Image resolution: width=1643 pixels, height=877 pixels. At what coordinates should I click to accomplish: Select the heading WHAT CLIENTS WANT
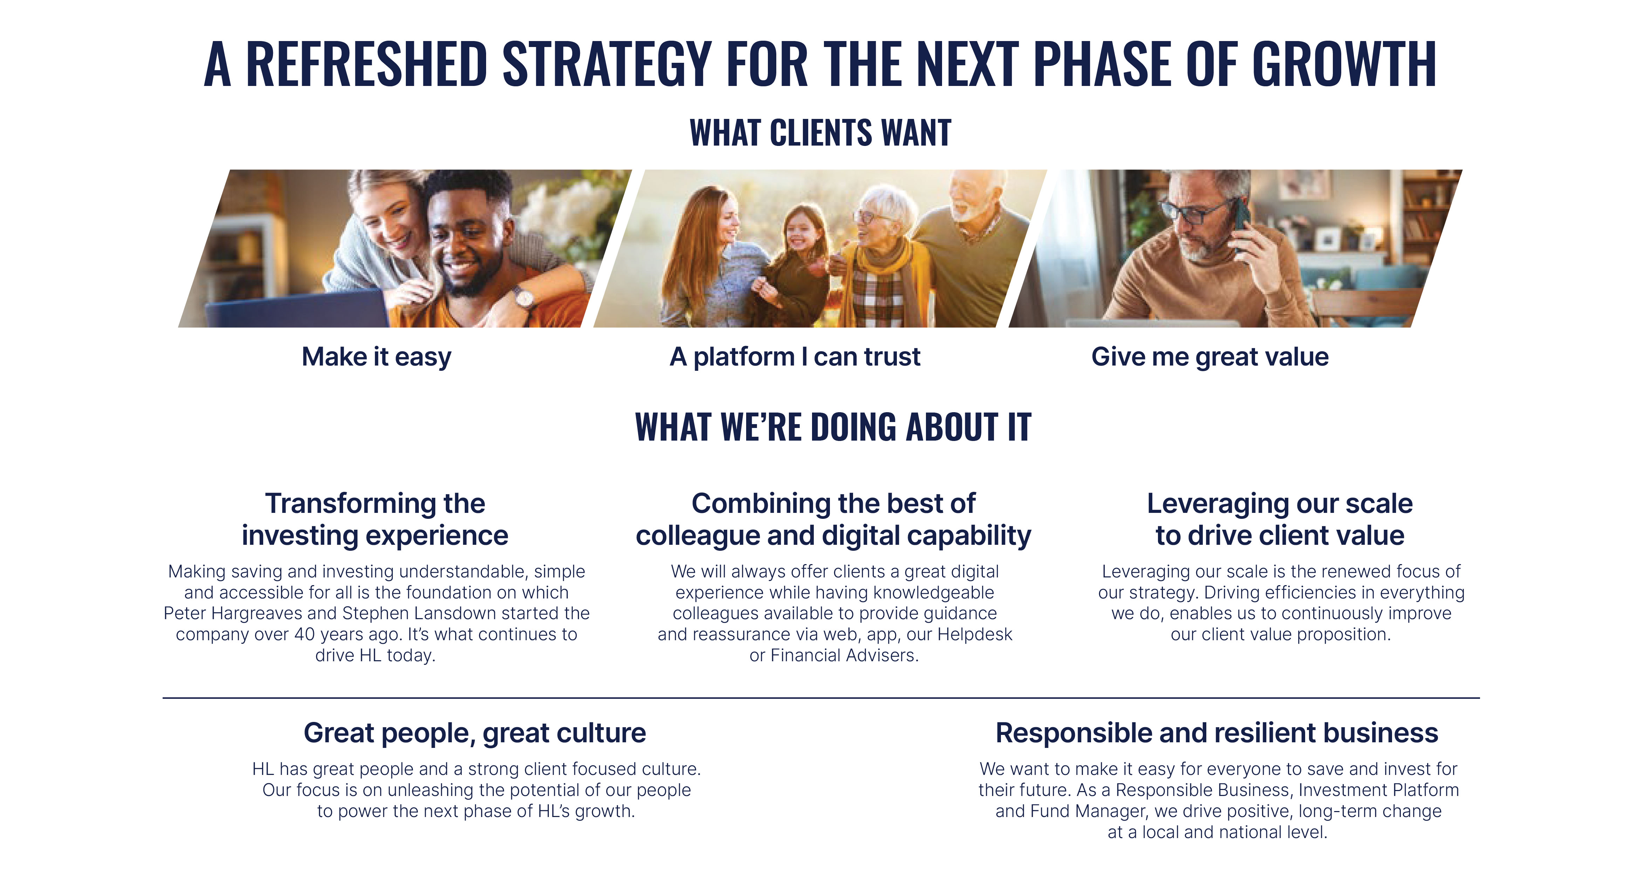pyautogui.click(x=820, y=133)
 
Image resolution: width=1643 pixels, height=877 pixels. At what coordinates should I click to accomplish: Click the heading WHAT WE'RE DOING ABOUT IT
pyautogui.click(x=833, y=426)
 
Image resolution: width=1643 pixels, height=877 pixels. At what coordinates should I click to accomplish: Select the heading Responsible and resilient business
pyautogui.click(x=1216, y=733)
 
